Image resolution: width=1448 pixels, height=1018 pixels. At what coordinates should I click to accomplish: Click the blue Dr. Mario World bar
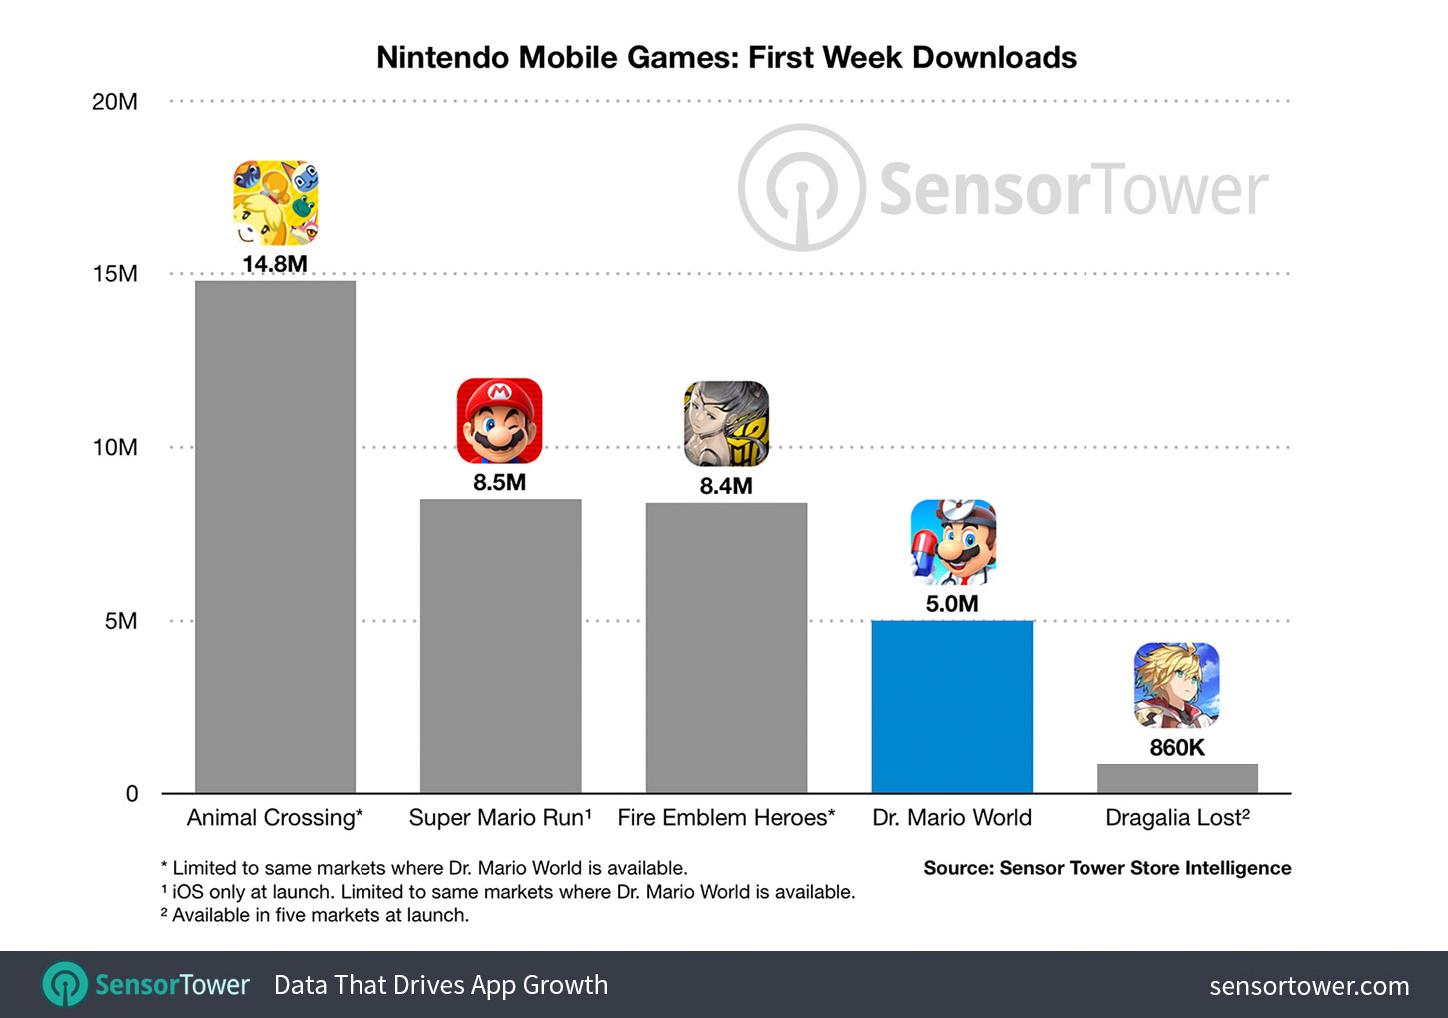click(x=952, y=707)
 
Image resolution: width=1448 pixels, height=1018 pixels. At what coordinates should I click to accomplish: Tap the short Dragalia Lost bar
click(x=1177, y=778)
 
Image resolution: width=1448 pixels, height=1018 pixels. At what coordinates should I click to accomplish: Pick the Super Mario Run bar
click(x=500, y=646)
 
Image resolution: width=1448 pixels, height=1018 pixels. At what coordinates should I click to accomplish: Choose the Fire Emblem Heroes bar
click(x=726, y=648)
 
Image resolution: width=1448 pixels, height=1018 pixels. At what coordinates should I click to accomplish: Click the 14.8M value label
click(x=275, y=264)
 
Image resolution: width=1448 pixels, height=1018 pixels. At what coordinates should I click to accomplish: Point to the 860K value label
click(x=1177, y=747)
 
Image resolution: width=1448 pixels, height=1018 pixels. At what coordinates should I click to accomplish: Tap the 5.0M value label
click(x=952, y=603)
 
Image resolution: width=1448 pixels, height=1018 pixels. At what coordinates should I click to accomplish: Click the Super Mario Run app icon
click(x=500, y=421)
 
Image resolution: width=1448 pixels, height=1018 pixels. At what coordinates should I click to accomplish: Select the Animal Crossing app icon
click(x=275, y=203)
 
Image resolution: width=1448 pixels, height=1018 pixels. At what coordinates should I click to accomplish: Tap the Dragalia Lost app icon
click(x=1177, y=685)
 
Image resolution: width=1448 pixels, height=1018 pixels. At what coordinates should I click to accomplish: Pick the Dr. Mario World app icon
click(x=953, y=542)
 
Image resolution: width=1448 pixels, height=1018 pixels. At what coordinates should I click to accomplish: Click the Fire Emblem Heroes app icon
click(x=726, y=424)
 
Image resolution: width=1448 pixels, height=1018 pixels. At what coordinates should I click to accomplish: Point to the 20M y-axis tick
click(x=115, y=102)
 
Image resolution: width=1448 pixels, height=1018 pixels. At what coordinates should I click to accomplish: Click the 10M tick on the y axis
click(x=115, y=447)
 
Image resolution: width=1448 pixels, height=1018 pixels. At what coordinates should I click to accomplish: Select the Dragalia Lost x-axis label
click(x=1177, y=818)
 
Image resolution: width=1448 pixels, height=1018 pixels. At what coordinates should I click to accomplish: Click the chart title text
click(x=726, y=57)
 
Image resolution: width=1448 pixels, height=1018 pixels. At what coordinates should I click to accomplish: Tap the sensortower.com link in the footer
click(x=1309, y=986)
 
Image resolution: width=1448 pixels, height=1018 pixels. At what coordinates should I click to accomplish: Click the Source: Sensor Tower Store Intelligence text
click(x=1106, y=868)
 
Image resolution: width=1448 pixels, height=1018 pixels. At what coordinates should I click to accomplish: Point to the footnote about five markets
click(x=315, y=915)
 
